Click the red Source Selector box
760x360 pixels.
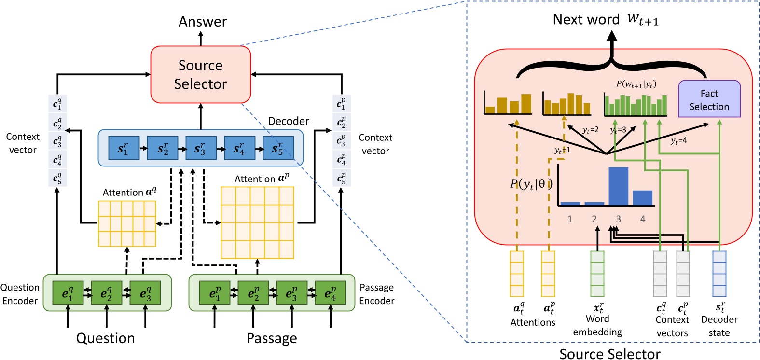tap(200, 74)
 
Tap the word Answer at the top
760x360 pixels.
tap(202, 22)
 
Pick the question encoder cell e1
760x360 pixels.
tap(68, 293)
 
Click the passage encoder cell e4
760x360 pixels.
tap(330, 293)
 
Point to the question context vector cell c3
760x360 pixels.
tap(57, 141)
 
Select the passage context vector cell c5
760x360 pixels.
tap(341, 179)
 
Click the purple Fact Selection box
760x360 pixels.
tap(709, 99)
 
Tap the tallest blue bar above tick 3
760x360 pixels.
tap(618, 186)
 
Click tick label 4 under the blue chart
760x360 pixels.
tap(642, 219)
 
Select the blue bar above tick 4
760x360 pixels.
tap(642, 198)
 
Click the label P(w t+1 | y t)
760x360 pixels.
tap(636, 84)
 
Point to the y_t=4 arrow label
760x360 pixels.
tap(678, 141)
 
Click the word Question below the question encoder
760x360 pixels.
tap(105, 338)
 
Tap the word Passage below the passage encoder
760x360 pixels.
tap(271, 338)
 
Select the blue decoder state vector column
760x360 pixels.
tap(719, 274)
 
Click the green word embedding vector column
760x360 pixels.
tap(597, 274)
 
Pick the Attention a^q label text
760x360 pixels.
tap(129, 192)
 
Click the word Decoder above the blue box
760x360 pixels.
tap(288, 121)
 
